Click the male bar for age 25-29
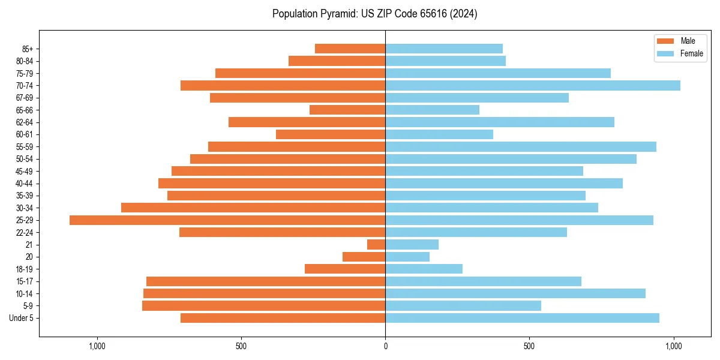click(227, 220)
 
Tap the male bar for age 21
click(376, 244)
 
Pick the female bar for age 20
click(407, 257)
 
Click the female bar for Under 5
click(522, 318)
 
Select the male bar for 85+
click(350, 49)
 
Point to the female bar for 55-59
click(521, 146)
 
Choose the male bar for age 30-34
click(253, 208)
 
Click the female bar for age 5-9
click(463, 305)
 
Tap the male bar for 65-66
click(347, 110)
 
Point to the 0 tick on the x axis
click(385, 346)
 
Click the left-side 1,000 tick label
click(97, 346)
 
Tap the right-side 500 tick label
click(529, 346)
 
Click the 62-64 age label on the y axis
click(25, 122)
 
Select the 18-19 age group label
click(25, 269)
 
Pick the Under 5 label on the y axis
click(22, 318)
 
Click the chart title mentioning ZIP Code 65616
click(374, 14)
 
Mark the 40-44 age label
click(25, 184)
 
